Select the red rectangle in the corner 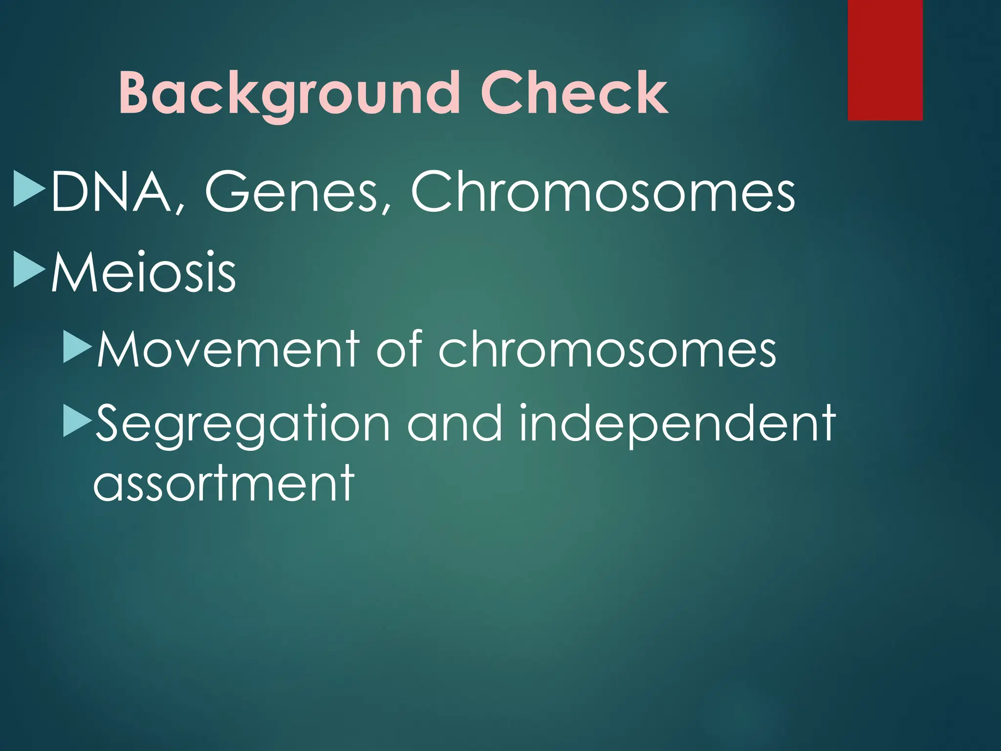point(885,60)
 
